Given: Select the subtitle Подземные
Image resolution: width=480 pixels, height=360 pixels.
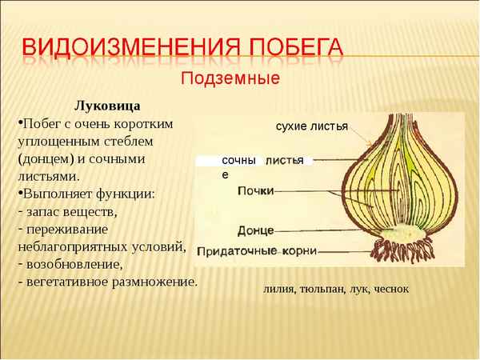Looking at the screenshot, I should point(230,79).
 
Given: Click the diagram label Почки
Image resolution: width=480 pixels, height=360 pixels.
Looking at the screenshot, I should point(256,191).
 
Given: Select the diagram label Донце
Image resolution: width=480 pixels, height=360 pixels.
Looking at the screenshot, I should point(255,230).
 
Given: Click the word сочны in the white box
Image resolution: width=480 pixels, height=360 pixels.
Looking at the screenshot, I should point(238,161).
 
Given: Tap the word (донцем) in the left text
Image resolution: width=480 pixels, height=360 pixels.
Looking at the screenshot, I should point(47,158).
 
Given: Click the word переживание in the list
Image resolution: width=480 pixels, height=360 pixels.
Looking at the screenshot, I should point(67,229).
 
